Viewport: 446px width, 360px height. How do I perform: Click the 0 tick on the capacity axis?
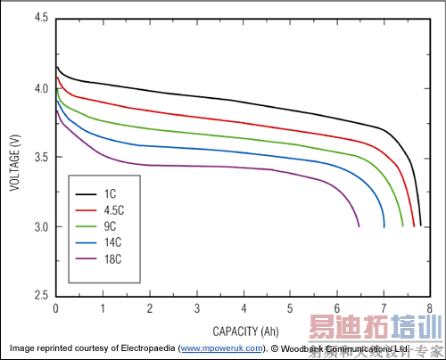[55, 307]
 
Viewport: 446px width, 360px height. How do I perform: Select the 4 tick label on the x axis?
[243, 307]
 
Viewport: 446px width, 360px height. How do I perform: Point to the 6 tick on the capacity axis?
[336, 307]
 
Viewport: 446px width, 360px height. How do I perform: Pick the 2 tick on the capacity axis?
[149, 307]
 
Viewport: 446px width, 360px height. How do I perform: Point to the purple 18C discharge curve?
[223, 167]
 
